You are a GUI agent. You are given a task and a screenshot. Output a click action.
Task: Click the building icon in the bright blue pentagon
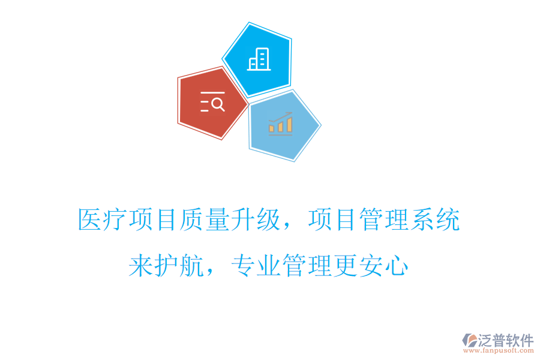(259, 59)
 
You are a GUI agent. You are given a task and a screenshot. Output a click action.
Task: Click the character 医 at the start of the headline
(90, 220)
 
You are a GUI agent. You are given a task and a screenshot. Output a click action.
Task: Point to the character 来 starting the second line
(141, 266)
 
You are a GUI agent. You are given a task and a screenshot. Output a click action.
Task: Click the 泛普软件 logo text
(505, 341)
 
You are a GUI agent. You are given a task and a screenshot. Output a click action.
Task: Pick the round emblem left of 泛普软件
(469, 341)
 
